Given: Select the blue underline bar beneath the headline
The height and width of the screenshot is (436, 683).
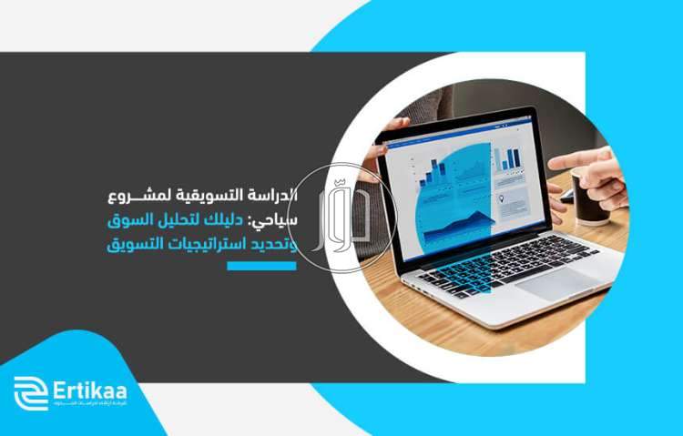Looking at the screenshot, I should coord(261,266).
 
